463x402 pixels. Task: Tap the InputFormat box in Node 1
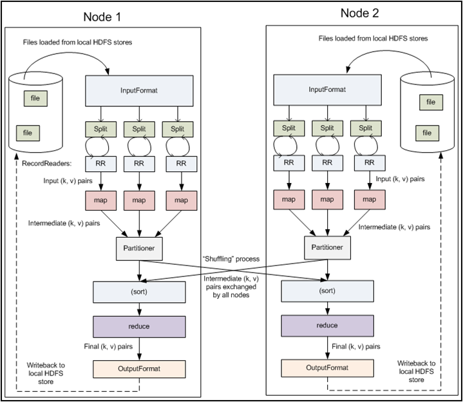pos(140,91)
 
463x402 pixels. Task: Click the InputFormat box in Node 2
pos(325,89)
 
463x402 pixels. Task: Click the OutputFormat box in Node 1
pos(139,369)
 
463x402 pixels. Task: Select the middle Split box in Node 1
pos(139,129)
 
